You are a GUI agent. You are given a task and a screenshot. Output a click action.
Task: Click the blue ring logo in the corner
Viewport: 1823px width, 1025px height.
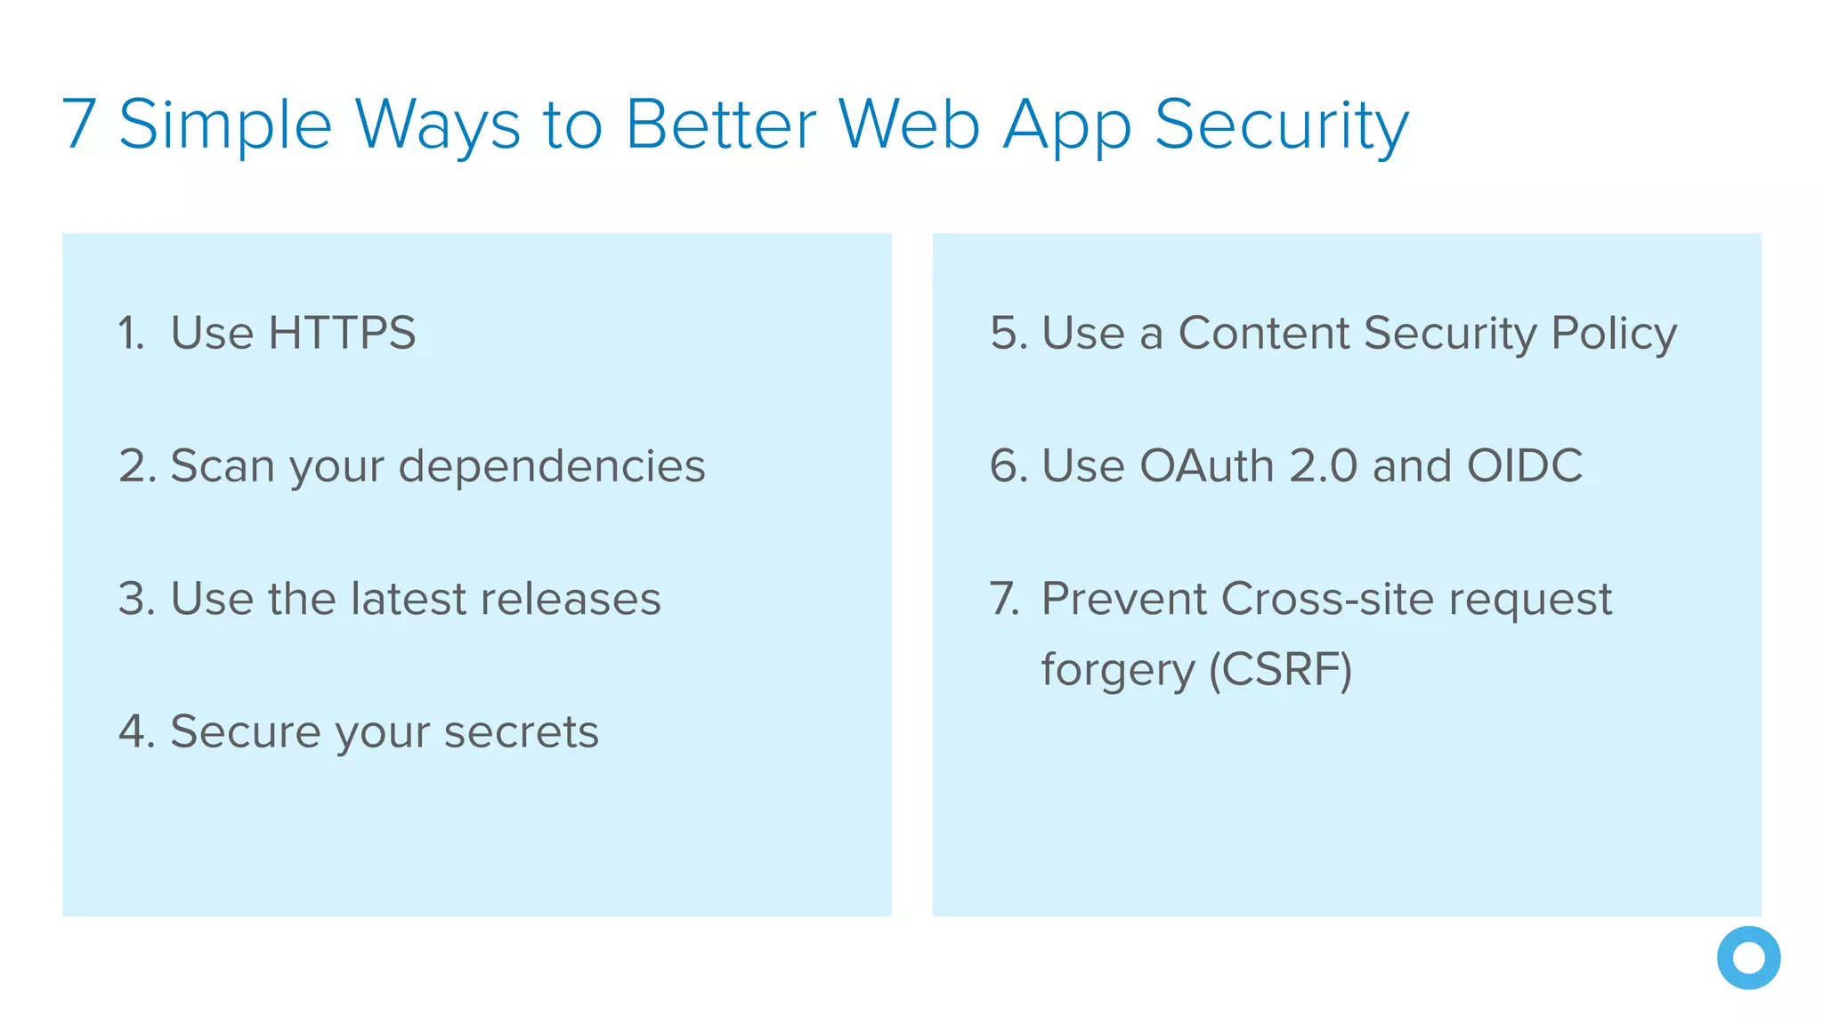[1748, 958]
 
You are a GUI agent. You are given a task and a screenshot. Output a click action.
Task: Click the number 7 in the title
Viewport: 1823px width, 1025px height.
[79, 125]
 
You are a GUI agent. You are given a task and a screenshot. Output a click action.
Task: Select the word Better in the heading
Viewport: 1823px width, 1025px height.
[721, 125]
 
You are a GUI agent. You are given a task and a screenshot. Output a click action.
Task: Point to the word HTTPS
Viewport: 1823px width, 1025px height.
[342, 333]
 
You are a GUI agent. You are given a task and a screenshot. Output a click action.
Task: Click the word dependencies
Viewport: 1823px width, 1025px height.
[552, 466]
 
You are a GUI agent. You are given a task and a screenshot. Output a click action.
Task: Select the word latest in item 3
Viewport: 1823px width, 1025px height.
[409, 598]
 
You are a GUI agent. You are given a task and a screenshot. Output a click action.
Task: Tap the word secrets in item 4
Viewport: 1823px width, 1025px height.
[521, 731]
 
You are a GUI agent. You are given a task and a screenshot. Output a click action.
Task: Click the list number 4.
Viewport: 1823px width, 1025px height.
[136, 731]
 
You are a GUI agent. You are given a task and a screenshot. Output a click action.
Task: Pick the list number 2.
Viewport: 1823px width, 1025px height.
[136, 466]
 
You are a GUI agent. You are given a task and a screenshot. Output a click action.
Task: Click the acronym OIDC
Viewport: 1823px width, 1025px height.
[1525, 466]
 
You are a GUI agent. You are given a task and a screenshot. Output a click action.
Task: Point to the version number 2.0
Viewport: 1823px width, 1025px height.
[1324, 466]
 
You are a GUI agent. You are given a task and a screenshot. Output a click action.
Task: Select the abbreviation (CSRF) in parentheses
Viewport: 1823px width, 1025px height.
[1280, 669]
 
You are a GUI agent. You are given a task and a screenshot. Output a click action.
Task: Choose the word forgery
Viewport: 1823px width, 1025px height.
[1118, 671]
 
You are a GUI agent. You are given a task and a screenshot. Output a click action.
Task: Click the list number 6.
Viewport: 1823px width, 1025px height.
[1008, 466]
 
